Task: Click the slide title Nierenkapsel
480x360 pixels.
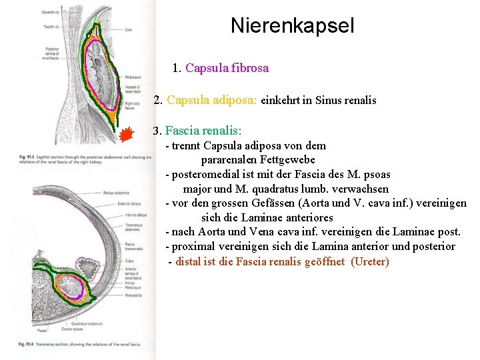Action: pyautogui.click(x=292, y=26)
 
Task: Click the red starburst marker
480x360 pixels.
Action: pyautogui.click(x=127, y=136)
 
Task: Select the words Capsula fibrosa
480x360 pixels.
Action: pyautogui.click(x=227, y=68)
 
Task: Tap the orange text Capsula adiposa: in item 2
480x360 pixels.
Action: pyautogui.click(x=212, y=101)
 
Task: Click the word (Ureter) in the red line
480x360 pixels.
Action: pyautogui.click(x=369, y=261)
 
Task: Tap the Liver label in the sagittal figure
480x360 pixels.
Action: pyautogui.click(x=128, y=30)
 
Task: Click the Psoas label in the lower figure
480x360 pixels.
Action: pyautogui.click(x=42, y=330)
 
